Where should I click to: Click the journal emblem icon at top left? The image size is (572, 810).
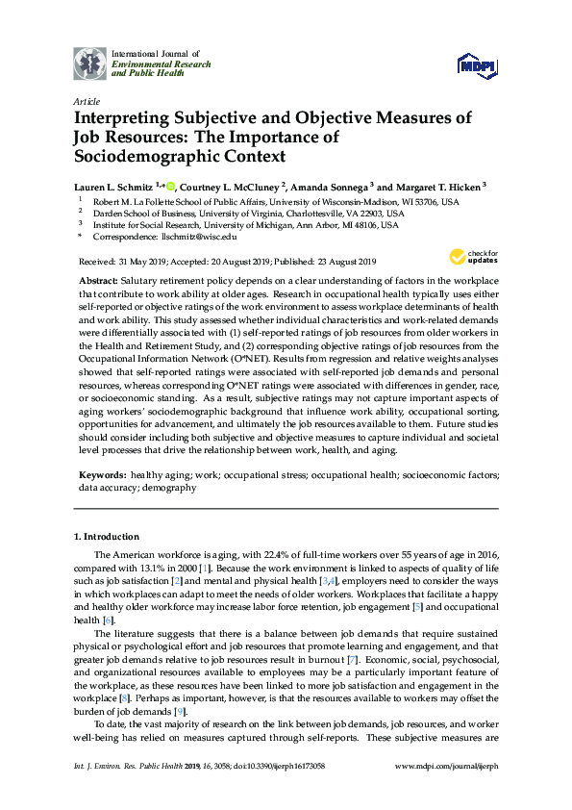(90, 63)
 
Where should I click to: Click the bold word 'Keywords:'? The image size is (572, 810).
(103, 475)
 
